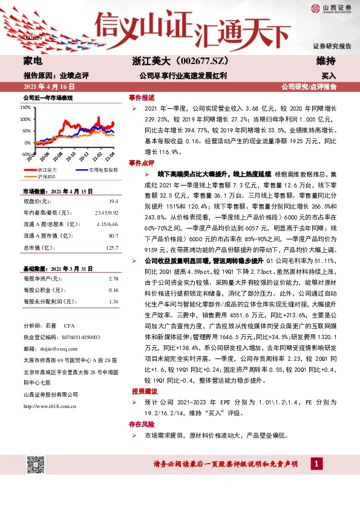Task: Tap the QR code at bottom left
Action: click(x=34, y=465)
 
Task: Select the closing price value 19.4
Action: click(x=113, y=200)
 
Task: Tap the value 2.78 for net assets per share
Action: click(x=113, y=279)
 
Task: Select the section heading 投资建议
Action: click(x=142, y=392)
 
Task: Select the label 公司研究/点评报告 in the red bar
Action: click(x=309, y=87)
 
